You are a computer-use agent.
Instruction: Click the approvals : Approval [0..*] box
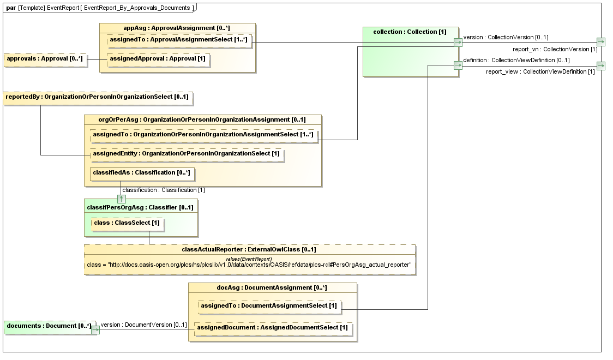pyautogui.click(x=45, y=59)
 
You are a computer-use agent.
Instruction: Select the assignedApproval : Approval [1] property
pyautogui.click(x=158, y=59)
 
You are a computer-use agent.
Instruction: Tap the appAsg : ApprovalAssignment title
pyautogui.click(x=177, y=28)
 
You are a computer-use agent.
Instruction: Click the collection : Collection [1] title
pyautogui.click(x=410, y=32)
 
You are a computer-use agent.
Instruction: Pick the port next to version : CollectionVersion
pyautogui.click(x=458, y=42)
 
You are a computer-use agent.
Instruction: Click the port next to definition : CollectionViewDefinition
pyautogui.click(x=458, y=66)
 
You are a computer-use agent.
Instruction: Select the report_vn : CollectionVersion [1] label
pyautogui.click(x=555, y=50)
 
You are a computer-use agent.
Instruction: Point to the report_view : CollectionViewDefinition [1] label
pyautogui.click(x=540, y=72)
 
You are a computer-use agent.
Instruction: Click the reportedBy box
pyautogui.click(x=98, y=98)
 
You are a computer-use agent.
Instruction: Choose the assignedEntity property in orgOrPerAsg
pyautogui.click(x=187, y=154)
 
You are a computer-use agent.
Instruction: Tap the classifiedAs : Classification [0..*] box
pyautogui.click(x=141, y=173)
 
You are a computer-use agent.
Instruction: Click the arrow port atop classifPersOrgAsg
pyautogui.click(x=122, y=199)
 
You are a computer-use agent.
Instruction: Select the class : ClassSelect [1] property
pyautogui.click(x=127, y=223)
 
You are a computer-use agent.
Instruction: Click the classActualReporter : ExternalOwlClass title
pyautogui.click(x=249, y=249)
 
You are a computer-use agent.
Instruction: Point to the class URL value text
pyautogui.click(x=249, y=265)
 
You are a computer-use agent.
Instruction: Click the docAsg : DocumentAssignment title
pyautogui.click(x=272, y=287)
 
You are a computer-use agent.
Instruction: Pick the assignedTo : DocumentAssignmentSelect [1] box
pyautogui.click(x=269, y=307)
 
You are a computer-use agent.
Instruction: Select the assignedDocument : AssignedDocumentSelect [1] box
pyautogui.click(x=272, y=328)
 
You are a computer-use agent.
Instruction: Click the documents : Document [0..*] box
pyautogui.click(x=48, y=326)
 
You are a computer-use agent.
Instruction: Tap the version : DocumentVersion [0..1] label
pyautogui.click(x=136, y=325)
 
